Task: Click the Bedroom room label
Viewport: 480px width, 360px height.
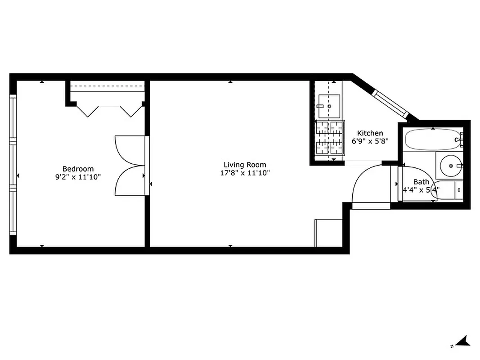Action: (78, 169)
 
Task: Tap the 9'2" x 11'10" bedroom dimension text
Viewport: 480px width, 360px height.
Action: (78, 177)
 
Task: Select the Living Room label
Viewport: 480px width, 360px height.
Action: (245, 165)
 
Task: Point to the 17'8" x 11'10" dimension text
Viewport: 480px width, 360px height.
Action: (245, 173)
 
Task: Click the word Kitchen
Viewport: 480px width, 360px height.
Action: (370, 133)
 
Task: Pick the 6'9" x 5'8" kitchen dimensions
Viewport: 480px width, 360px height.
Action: (370, 141)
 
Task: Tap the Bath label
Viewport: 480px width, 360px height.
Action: (421, 182)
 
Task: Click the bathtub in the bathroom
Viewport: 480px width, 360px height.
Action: (432, 139)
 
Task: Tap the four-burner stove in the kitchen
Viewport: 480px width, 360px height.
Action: (329, 138)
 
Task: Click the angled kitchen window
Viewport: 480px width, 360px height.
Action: (390, 103)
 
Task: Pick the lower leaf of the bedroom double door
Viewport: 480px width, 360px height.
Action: (130, 180)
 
